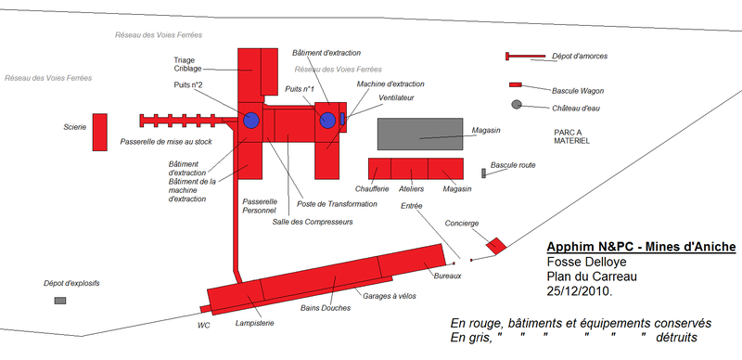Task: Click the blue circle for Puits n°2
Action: point(251,121)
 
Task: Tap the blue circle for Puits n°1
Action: point(327,121)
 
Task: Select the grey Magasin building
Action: point(420,134)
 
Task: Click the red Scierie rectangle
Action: point(100,132)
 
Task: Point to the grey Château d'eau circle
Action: point(517,105)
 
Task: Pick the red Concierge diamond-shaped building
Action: point(496,245)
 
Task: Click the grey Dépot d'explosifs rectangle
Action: point(60,301)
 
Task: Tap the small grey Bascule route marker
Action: point(483,174)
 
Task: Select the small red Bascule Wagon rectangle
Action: point(516,84)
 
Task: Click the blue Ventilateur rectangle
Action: point(342,119)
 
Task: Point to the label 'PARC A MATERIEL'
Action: point(571,136)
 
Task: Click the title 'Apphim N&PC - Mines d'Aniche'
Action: point(641,247)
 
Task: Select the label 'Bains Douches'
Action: point(326,308)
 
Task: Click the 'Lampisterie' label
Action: point(254,324)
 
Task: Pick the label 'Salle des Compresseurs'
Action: point(313,222)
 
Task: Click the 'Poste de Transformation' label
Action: point(337,204)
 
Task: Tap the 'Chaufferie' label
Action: point(372,189)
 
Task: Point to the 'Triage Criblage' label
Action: point(188,64)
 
